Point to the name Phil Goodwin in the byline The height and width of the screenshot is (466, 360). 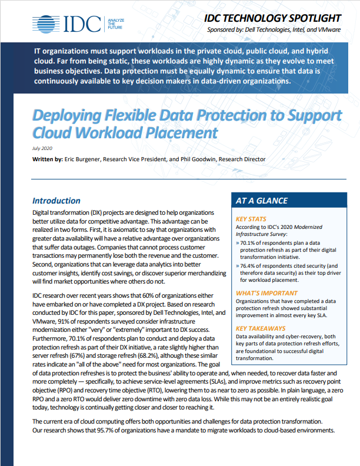click(x=205, y=159)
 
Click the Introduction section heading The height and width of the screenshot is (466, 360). click(x=56, y=201)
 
